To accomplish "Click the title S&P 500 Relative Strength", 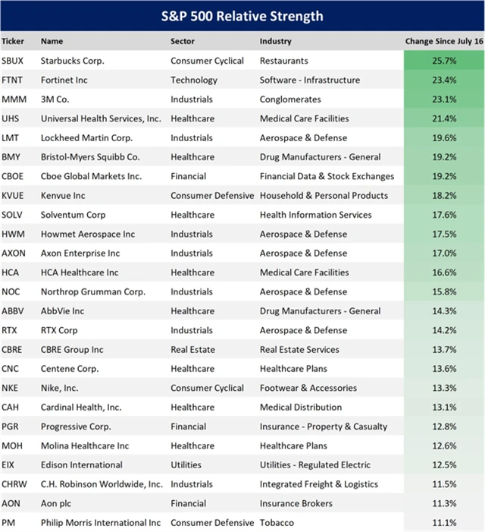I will [242, 16].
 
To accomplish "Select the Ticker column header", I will [13, 41].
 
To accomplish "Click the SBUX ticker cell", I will [13, 61].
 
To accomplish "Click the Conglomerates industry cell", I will [291, 99].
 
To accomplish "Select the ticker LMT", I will [11, 138].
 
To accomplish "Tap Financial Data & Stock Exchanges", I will [327, 176].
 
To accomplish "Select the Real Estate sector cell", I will [192, 350].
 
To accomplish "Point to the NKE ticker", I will [11, 388].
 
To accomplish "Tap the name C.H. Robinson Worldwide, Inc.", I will [102, 484].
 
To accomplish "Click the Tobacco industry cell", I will [277, 522].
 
